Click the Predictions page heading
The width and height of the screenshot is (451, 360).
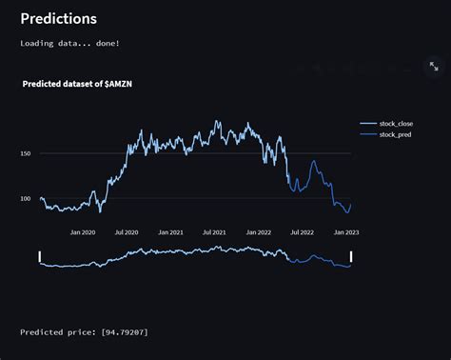point(58,18)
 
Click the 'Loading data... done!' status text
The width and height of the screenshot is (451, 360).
point(70,43)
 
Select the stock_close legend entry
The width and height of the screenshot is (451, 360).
point(398,124)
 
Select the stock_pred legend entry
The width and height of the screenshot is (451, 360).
point(398,134)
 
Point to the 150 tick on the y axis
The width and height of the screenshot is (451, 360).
point(27,153)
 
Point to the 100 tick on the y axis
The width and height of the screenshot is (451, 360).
point(27,198)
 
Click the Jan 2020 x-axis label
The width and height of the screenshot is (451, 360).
point(83,231)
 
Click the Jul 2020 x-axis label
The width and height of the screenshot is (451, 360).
point(126,231)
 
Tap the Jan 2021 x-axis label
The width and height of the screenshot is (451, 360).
point(171,231)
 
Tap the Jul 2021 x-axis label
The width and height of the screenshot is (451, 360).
point(214,231)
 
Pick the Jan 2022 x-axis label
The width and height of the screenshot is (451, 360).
point(259,231)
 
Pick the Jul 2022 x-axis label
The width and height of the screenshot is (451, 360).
point(302,231)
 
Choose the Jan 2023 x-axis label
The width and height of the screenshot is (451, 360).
point(345,231)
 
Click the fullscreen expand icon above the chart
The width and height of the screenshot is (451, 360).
point(434,67)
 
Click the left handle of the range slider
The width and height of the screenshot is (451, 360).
point(40,256)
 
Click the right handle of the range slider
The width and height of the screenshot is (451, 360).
point(351,256)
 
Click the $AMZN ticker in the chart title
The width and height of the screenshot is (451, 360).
point(120,84)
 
